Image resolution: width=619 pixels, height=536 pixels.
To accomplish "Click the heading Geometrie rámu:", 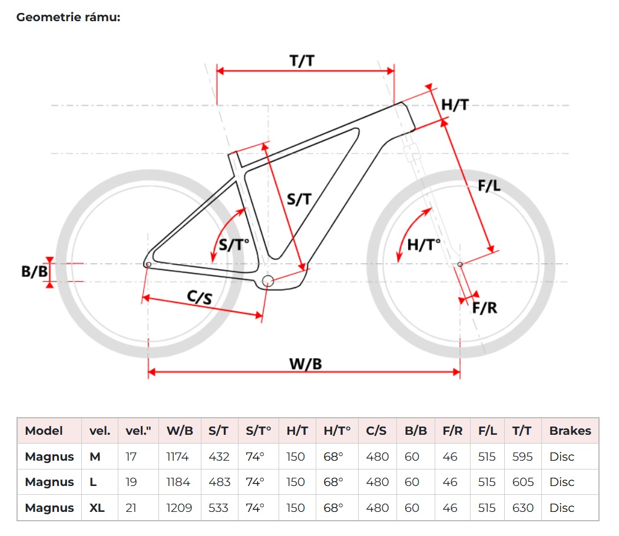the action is pyautogui.click(x=68, y=17).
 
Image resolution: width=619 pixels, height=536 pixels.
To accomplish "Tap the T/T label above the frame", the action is pyautogui.click(x=302, y=61).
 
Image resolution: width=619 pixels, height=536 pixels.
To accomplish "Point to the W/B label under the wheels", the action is pyautogui.click(x=306, y=364).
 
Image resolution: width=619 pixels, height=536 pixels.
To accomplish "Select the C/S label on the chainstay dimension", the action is pyautogui.click(x=200, y=297).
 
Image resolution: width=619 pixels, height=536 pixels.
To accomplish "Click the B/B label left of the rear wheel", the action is pyautogui.click(x=34, y=271).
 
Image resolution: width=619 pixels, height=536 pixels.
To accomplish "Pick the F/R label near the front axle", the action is pyautogui.click(x=485, y=308).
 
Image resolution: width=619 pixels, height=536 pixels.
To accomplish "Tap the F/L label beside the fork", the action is pyautogui.click(x=489, y=185).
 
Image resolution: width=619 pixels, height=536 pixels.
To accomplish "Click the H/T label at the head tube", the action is pyautogui.click(x=455, y=105).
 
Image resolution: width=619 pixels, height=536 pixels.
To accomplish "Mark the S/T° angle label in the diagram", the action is pyautogui.click(x=234, y=245).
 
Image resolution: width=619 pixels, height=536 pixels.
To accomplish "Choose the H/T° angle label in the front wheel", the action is pyautogui.click(x=423, y=245).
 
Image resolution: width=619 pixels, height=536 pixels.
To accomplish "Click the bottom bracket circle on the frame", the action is pyautogui.click(x=268, y=281).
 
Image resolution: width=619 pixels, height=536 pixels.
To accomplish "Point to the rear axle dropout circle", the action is pyautogui.click(x=148, y=264).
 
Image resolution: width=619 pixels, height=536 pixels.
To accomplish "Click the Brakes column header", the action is pyautogui.click(x=570, y=431).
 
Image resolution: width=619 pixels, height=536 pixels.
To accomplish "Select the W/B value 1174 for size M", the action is pyautogui.click(x=177, y=457).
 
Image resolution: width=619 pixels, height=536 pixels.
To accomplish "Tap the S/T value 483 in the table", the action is pyautogui.click(x=219, y=482).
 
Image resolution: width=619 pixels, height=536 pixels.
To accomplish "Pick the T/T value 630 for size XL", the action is pyautogui.click(x=522, y=508).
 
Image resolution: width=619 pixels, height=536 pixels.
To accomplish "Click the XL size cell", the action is pyautogui.click(x=97, y=508).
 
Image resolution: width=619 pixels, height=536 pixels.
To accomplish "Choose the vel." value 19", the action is pyautogui.click(x=131, y=482).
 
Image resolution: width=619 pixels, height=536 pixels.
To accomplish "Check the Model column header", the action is pyautogui.click(x=44, y=431).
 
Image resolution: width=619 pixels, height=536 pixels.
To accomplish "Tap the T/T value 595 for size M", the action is pyautogui.click(x=522, y=457).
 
